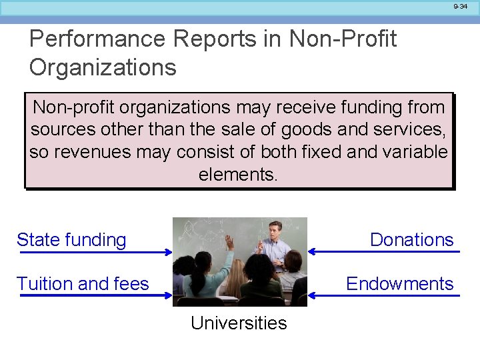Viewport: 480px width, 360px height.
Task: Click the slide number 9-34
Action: point(461,6)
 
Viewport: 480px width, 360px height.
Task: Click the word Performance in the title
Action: point(97,39)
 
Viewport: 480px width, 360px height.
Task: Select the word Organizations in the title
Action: point(103,67)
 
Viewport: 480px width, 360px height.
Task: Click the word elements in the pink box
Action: point(237,175)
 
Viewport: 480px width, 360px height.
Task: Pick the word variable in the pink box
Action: point(415,152)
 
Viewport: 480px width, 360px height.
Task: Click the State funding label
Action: point(71,240)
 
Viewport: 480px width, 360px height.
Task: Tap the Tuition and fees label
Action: point(83,284)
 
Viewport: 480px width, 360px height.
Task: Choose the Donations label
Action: point(411,240)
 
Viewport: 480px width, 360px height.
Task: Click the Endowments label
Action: point(399,284)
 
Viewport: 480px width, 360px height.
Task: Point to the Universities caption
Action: point(239,323)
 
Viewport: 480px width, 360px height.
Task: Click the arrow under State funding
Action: point(94,252)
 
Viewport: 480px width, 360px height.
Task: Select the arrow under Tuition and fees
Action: point(94,295)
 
